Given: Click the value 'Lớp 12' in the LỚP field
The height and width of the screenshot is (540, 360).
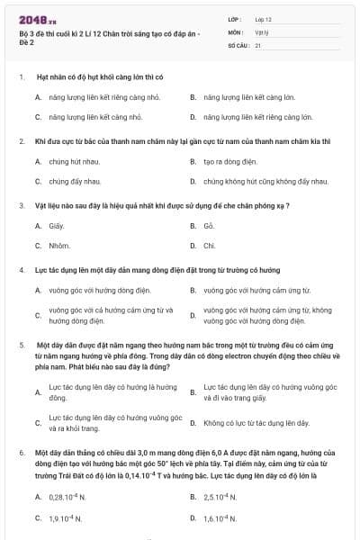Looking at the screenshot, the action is click(x=263, y=18).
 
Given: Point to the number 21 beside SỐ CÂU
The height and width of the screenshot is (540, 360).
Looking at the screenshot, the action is click(x=258, y=44).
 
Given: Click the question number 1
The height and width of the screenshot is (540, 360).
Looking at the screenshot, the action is click(x=21, y=78).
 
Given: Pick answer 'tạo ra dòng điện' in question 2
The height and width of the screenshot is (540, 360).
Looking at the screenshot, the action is click(x=226, y=161).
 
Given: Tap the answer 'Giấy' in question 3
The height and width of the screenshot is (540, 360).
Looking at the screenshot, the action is click(x=57, y=225).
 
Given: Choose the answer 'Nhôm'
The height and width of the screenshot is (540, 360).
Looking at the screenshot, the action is click(x=59, y=245).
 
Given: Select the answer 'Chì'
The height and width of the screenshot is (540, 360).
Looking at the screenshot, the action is click(x=209, y=245).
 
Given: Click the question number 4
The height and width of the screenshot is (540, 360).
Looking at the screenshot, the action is click(x=21, y=270).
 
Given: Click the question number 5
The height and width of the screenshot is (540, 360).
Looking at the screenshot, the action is click(x=21, y=345).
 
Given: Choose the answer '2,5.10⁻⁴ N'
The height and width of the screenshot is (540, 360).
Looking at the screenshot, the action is click(x=220, y=497).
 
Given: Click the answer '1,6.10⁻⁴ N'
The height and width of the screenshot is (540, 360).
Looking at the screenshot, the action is click(x=220, y=518).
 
